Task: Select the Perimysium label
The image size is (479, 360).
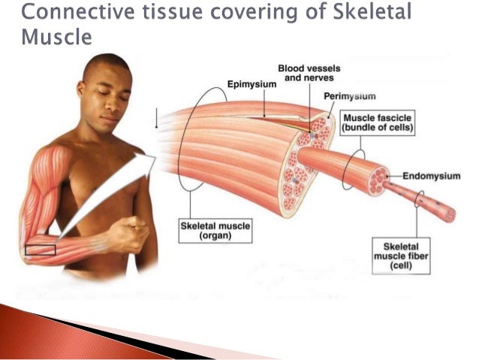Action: click(349, 96)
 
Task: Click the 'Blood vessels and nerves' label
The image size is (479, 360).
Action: click(308, 72)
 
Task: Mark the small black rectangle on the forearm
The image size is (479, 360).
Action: click(40, 249)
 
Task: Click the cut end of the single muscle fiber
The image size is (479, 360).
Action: click(450, 215)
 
